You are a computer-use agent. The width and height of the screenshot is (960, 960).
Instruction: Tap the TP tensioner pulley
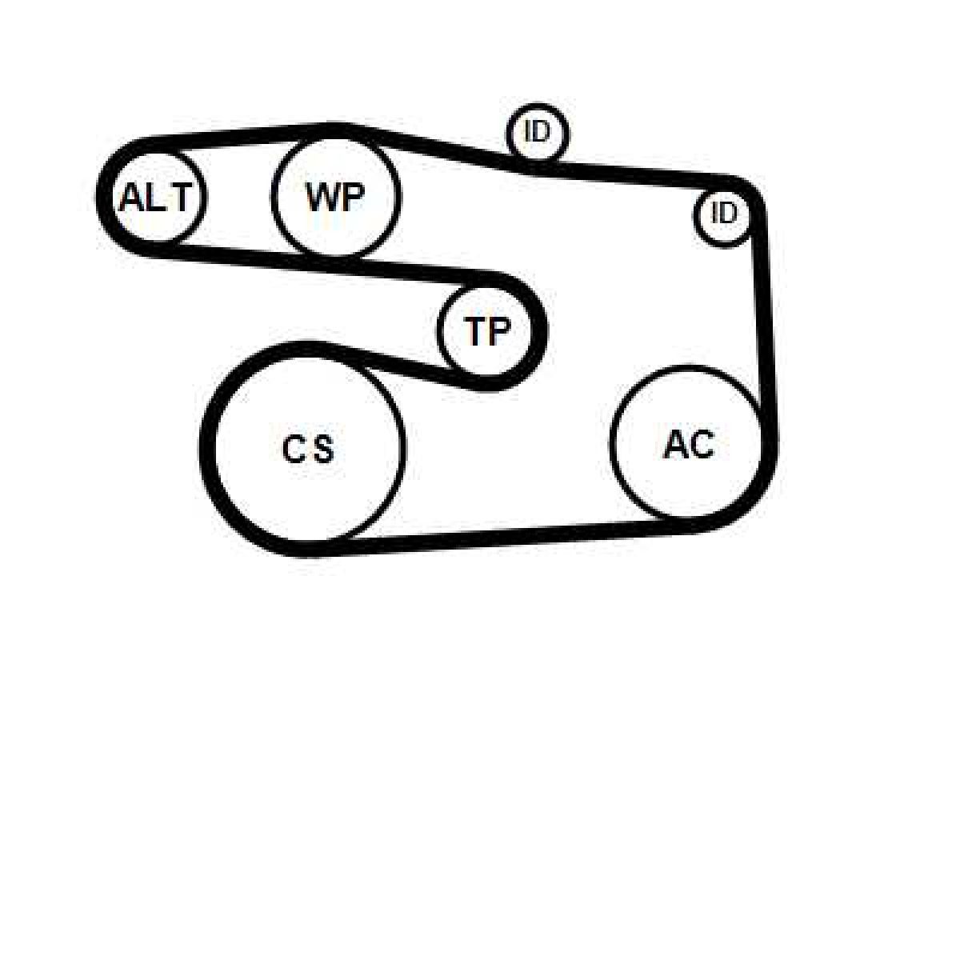coord(488,330)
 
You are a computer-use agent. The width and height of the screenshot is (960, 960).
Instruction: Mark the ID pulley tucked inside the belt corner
coord(723,214)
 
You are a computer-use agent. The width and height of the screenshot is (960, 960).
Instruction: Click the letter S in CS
coord(323,449)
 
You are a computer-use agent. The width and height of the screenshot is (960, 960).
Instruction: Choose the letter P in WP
coord(352,198)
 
